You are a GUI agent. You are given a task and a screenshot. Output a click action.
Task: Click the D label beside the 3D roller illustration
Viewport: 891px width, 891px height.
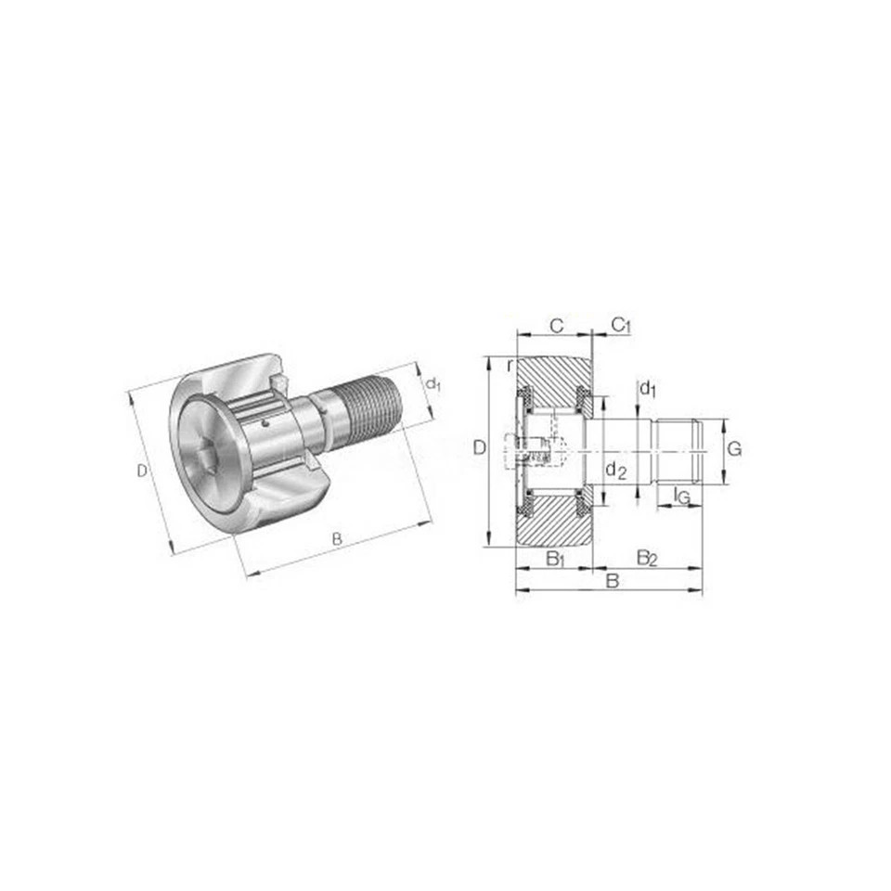(142, 471)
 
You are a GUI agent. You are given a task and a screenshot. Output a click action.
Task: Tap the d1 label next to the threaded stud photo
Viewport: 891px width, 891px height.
(433, 384)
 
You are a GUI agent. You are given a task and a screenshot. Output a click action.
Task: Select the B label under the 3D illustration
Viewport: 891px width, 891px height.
(337, 538)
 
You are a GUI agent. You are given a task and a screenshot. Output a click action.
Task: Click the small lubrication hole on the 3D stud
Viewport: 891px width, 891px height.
(265, 423)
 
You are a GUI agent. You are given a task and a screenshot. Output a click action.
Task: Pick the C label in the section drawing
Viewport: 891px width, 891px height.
(557, 326)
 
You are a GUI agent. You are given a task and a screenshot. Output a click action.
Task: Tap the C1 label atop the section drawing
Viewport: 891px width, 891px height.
(621, 325)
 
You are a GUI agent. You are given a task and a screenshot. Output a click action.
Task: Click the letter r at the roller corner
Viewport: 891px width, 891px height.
(510, 367)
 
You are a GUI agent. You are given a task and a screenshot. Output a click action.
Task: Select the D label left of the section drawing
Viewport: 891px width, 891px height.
(480, 448)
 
